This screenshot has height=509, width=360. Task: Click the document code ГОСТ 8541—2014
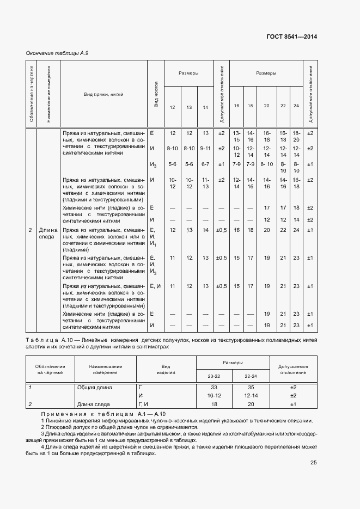(291, 36)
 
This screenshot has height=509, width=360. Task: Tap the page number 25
(313, 463)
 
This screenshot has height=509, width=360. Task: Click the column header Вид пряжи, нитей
(103, 94)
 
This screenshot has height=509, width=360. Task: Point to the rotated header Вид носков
(156, 94)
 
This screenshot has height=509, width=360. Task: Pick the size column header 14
(205, 107)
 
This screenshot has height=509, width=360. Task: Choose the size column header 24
(296, 105)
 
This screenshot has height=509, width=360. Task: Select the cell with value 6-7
(205, 164)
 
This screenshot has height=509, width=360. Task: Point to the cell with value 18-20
(296, 136)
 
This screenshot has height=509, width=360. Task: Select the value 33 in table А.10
(214, 387)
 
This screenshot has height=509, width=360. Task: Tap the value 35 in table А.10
(251, 387)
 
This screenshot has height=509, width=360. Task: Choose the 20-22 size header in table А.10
(214, 376)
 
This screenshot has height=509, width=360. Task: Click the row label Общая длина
(94, 387)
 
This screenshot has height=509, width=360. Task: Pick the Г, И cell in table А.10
(144, 404)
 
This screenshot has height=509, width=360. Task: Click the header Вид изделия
(166, 370)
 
